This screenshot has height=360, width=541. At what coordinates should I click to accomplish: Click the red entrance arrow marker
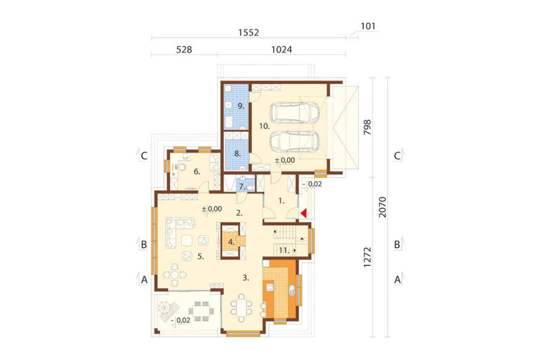304,214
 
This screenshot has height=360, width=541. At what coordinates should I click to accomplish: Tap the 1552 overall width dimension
248,32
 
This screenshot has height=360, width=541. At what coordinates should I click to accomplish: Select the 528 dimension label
184,50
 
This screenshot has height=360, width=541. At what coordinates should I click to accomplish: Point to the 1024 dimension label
281,50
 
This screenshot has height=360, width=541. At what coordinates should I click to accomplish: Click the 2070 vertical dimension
382,207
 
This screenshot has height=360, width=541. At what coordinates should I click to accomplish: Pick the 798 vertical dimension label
367,127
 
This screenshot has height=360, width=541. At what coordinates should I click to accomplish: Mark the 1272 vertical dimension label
367,257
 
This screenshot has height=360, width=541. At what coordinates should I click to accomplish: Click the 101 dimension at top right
368,26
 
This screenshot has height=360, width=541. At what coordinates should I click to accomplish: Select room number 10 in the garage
265,126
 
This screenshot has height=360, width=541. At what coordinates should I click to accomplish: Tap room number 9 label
241,106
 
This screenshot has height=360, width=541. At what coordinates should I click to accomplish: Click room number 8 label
237,154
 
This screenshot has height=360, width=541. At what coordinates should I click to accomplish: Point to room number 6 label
197,171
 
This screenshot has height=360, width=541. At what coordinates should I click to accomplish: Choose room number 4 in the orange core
231,242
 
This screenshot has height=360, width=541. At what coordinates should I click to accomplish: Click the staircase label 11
284,250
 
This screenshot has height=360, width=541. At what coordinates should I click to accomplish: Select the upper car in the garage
295,113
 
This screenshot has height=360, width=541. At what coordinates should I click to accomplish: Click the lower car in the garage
295,142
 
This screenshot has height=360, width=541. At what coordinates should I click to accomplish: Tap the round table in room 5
175,275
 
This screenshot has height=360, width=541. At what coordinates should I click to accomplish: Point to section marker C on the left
144,156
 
